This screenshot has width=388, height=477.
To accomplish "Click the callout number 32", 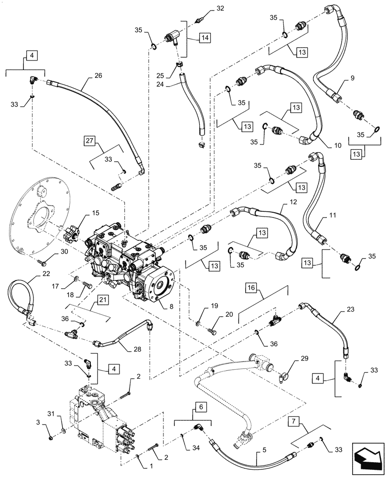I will (x=206, y=9).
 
